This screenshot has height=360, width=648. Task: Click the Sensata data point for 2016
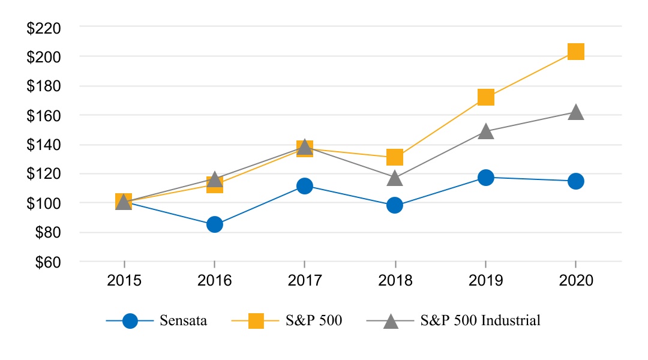[x=214, y=224]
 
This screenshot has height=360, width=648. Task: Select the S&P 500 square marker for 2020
[x=575, y=52]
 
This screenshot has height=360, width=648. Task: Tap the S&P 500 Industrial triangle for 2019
[x=485, y=131]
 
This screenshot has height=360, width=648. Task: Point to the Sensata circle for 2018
[x=394, y=205]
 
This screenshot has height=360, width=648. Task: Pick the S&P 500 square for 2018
[x=394, y=157]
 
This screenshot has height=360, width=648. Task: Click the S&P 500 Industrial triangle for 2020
[x=575, y=112]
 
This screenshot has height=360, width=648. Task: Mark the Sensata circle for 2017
[x=304, y=186]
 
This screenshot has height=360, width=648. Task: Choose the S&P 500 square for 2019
[x=485, y=97]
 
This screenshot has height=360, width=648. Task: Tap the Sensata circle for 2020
[x=575, y=181]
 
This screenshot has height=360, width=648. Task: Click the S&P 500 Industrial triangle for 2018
[x=394, y=178]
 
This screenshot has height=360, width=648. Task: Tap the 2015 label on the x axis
[x=124, y=281]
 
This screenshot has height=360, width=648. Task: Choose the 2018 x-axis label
[x=394, y=281]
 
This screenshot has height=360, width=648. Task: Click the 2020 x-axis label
[x=575, y=281]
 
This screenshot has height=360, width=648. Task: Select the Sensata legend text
[x=183, y=320]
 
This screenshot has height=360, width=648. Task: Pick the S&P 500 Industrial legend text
[x=480, y=320]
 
